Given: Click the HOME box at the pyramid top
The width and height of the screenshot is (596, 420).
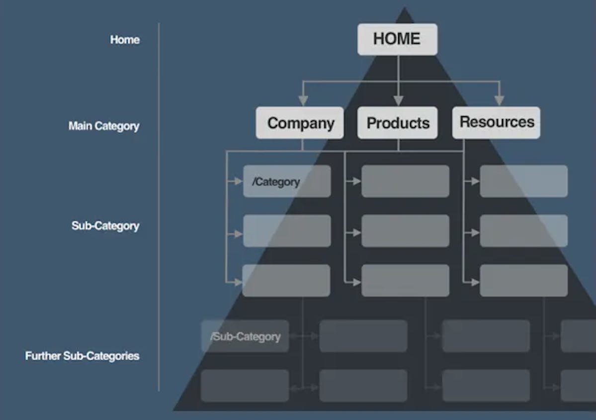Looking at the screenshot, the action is [397, 39].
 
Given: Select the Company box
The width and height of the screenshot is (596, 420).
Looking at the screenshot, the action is [300, 122].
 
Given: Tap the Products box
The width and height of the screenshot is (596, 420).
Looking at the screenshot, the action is [397, 122].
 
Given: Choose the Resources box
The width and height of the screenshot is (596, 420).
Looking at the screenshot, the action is [496, 122].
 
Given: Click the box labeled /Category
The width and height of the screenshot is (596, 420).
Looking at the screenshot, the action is [287, 181].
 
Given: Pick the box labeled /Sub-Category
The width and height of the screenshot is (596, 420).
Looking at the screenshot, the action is [245, 336].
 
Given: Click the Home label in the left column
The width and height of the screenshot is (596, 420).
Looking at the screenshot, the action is [125, 40].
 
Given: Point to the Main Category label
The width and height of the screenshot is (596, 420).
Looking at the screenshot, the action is [104, 126].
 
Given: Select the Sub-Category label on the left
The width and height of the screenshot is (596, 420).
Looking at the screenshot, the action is [105, 225].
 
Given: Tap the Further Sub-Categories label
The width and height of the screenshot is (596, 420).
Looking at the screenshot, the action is [82, 356].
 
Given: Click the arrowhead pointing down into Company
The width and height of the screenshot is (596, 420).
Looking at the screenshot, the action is [303, 101].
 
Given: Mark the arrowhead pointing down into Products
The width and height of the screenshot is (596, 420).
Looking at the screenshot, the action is [398, 101].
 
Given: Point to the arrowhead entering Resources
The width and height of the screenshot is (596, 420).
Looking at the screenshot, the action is [500, 101].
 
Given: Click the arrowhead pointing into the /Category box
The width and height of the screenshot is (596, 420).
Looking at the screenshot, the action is [238, 182].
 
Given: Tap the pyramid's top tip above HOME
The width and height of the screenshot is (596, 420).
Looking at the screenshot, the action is [405, 7].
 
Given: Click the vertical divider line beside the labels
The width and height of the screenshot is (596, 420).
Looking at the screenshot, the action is [159, 207].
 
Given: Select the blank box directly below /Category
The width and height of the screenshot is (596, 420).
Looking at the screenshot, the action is [287, 231].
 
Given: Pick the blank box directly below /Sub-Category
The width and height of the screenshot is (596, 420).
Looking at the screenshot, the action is [245, 386].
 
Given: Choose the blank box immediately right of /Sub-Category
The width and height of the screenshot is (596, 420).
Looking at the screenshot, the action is [363, 336].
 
